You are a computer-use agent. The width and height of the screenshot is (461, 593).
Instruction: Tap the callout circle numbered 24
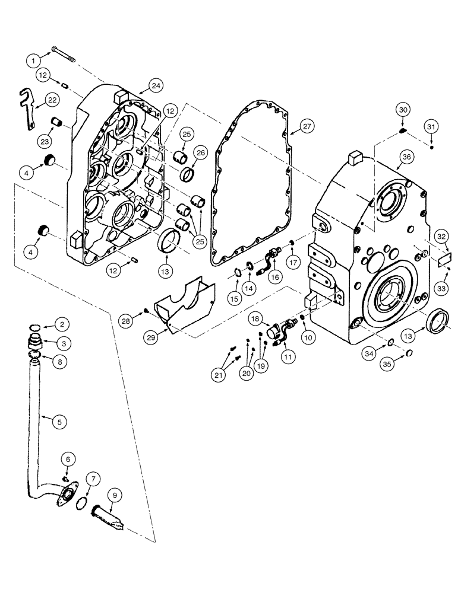(x=156, y=85)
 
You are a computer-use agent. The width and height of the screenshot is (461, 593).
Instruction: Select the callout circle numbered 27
(x=305, y=126)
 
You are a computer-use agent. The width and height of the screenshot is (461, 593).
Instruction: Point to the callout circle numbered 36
(x=406, y=157)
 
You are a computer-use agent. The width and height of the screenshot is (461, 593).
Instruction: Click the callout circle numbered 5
(x=58, y=422)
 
